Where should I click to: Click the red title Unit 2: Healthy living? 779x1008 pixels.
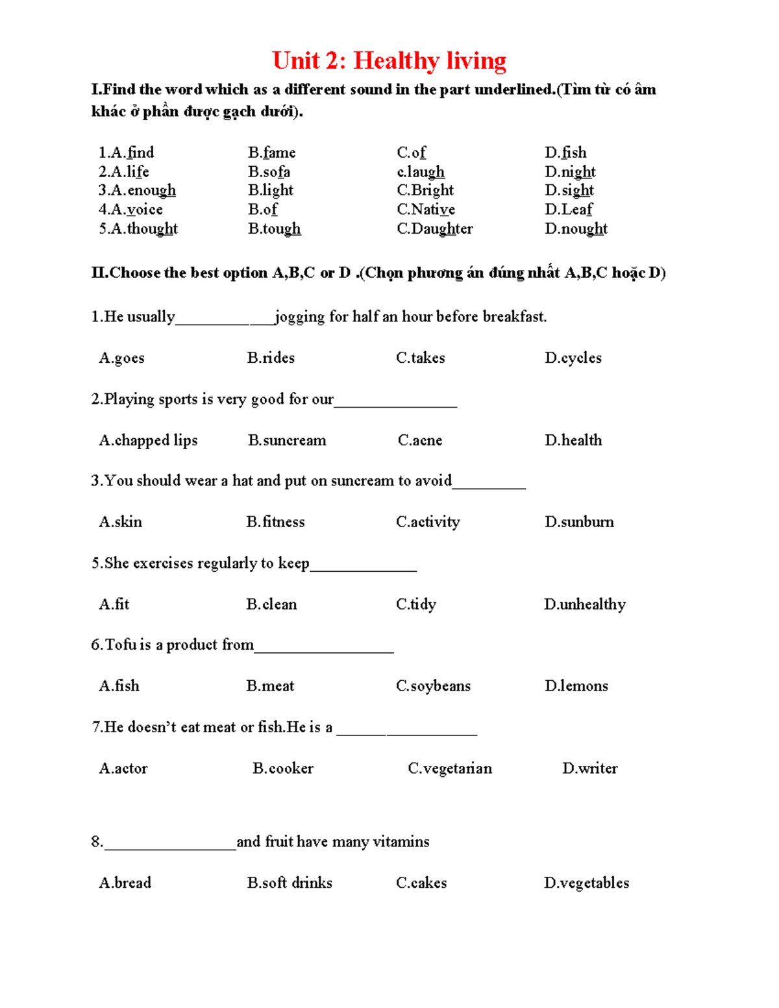point(389,60)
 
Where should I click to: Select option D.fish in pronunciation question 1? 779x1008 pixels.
point(565,153)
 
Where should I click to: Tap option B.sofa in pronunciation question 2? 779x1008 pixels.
point(269,172)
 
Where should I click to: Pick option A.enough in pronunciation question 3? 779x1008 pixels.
point(137,190)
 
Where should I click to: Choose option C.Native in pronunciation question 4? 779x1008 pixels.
point(426,210)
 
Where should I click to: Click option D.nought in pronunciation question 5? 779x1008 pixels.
point(576,228)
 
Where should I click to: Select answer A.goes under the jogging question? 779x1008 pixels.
point(121,358)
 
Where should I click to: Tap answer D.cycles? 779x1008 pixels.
point(573,358)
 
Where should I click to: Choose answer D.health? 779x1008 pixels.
point(573,440)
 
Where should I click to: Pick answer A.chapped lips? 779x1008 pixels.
point(148,440)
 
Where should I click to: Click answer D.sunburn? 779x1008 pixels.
point(579,522)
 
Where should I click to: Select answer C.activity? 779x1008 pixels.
point(428,522)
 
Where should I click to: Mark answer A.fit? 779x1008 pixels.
point(114,604)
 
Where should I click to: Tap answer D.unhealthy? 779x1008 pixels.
point(584,604)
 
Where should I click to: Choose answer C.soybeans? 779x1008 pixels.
point(433,686)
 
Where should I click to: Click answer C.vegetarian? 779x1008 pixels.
point(450,768)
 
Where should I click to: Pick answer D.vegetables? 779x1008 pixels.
point(586,883)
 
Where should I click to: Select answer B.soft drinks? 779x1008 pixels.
point(290,883)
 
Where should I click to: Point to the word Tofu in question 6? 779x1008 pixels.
point(120,645)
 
